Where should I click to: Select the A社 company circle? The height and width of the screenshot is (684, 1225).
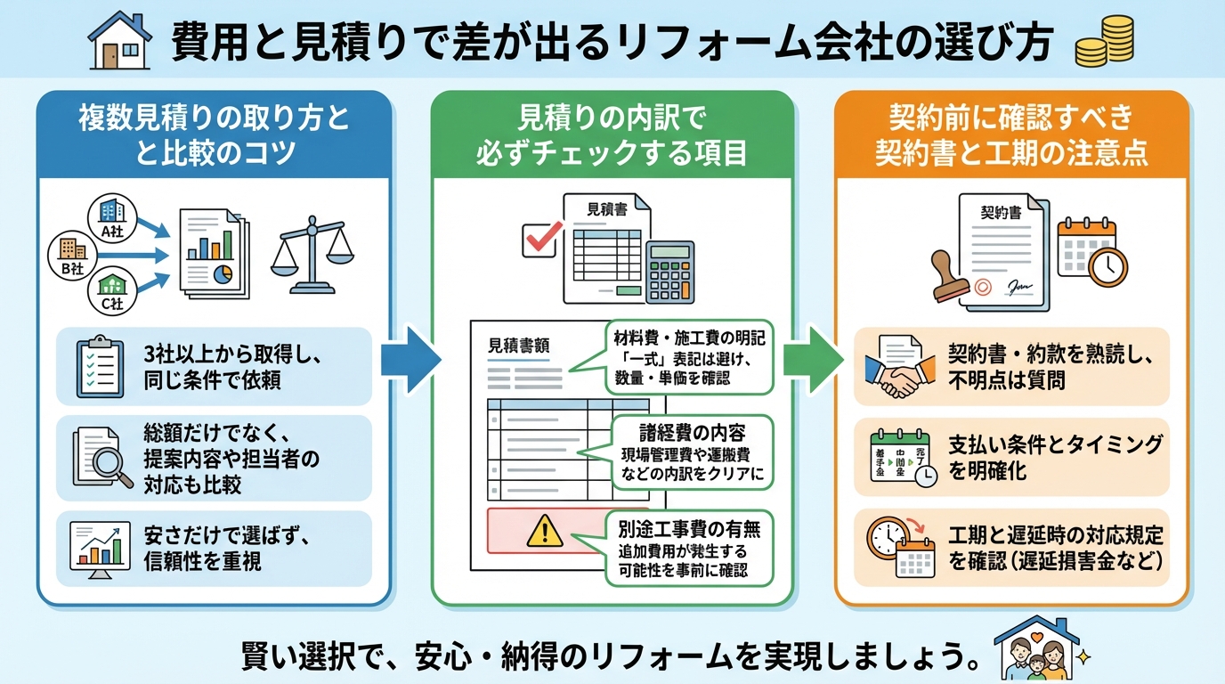point(111,216)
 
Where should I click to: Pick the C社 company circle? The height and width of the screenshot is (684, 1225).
point(112,290)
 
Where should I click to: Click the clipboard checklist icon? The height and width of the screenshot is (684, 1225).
point(99,366)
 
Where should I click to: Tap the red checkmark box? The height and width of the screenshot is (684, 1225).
point(539,237)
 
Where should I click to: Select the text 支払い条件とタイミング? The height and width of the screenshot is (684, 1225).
point(1054,444)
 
